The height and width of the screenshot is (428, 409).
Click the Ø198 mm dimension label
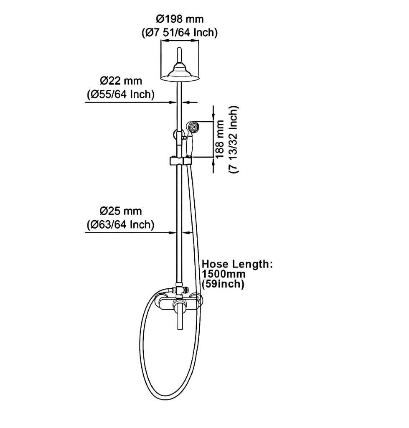pos(180,19)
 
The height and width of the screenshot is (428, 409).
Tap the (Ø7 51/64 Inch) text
pos(180,33)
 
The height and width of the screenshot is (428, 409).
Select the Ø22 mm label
pos(121,80)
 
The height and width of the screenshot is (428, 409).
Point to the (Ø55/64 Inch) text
pos(121,94)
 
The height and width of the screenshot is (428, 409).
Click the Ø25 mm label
pos(121,211)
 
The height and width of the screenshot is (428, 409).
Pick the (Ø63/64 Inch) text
pos(121,225)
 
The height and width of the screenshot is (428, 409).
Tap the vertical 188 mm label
pos(220,139)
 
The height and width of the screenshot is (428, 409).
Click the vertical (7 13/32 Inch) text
pos(234,139)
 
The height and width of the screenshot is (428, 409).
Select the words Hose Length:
pos(237,264)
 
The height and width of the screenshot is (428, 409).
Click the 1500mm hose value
pos(224,274)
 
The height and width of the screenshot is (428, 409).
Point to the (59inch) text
pos(223,284)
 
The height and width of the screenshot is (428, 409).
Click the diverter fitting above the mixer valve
pos(180,289)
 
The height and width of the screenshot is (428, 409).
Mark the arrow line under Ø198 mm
pos(180,41)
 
